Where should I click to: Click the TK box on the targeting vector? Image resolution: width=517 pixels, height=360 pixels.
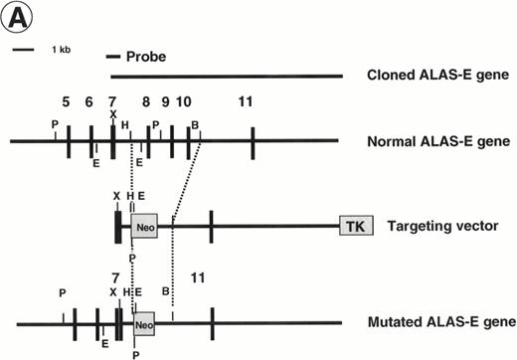pos(354,227)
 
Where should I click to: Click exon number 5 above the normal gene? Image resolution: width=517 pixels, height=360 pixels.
pos(66,101)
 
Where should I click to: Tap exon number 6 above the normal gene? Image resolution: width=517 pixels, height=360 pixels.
pos(88,101)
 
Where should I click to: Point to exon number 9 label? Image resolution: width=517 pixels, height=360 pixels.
pos(165,101)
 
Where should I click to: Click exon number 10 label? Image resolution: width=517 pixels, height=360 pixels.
pos(184,101)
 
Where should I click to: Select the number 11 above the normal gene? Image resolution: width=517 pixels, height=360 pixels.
pos(246,101)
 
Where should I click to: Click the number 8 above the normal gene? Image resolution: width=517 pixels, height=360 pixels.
pos(145,101)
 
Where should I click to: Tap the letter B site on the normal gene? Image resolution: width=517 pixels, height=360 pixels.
pos(195,124)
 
